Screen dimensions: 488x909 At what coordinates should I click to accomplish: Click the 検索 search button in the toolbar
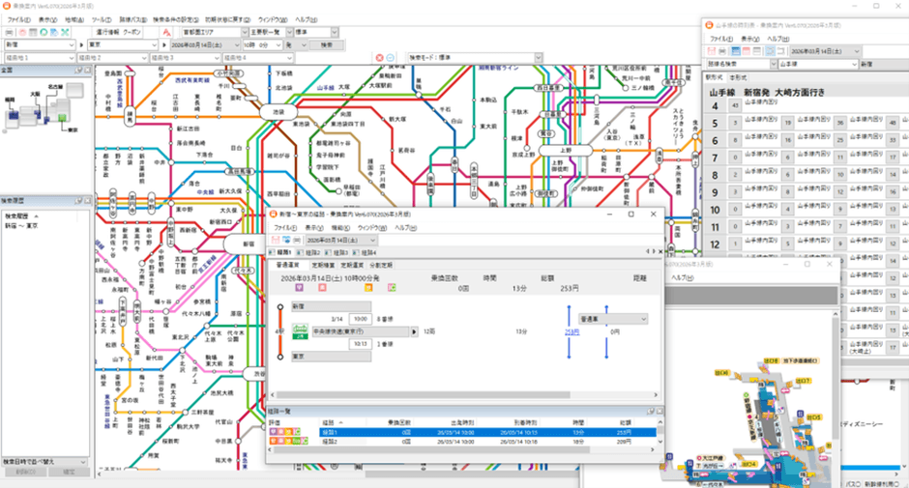[x=330, y=44]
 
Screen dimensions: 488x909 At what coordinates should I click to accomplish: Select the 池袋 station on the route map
[x=277, y=112]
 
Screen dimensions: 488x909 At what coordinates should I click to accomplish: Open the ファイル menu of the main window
[x=18, y=19]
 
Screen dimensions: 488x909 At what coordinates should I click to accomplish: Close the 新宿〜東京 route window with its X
[x=652, y=214]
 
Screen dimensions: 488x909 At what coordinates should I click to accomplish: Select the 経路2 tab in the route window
[x=308, y=252]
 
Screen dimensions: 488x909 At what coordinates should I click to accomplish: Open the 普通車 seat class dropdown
[x=613, y=318]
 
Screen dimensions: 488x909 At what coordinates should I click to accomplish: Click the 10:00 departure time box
[x=360, y=317]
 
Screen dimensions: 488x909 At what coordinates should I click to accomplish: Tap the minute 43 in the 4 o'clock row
[x=736, y=105]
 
